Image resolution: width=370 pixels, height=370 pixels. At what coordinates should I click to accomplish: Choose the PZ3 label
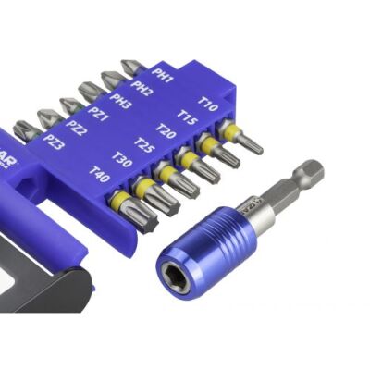(x=54, y=142)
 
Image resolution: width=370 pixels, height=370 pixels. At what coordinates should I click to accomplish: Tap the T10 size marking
(x=208, y=105)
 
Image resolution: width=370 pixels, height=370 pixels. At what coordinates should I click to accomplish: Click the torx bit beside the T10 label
(x=242, y=139)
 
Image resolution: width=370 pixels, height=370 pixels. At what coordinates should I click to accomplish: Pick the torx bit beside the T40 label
(x=139, y=211)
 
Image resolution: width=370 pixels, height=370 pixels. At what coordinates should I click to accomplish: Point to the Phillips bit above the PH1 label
(x=130, y=67)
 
